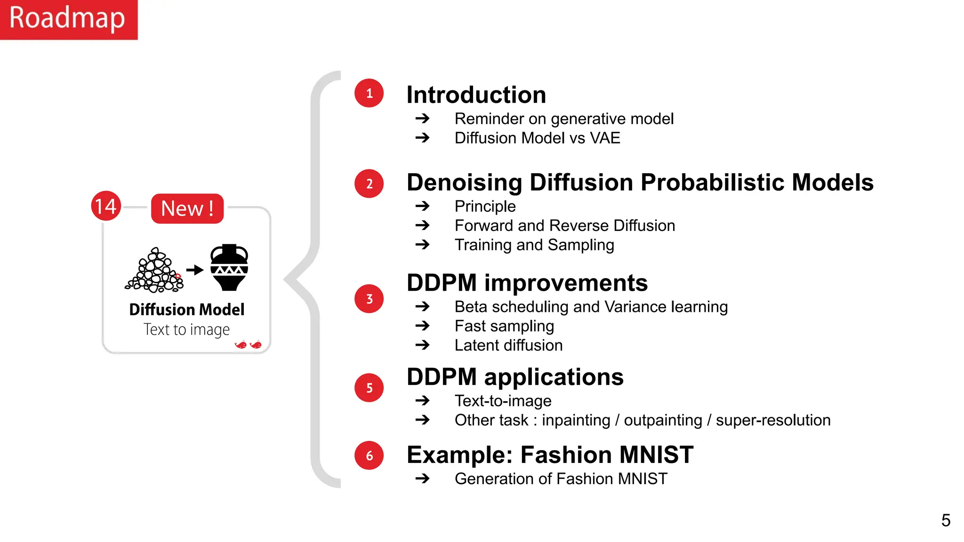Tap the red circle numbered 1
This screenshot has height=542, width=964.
coord(369,93)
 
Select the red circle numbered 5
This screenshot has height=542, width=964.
coord(369,388)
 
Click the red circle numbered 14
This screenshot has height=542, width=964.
coord(105,206)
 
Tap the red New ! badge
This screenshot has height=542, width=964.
coord(187,208)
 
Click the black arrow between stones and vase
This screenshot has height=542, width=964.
coord(194,270)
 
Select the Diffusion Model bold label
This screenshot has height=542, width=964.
coord(187,310)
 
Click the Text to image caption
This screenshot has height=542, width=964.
coord(186,329)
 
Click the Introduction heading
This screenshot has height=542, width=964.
coord(476,95)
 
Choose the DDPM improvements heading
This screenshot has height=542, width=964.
coord(527,283)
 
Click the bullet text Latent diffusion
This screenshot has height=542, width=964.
coord(508,345)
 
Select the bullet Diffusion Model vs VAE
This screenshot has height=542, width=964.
coord(537,138)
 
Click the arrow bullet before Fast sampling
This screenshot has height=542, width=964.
coord(423,326)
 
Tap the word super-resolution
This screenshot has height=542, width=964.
coord(773,420)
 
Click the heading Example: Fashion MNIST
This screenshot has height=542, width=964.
coord(550,455)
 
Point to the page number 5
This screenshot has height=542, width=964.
coord(946,520)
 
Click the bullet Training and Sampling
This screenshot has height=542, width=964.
coord(534,245)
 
